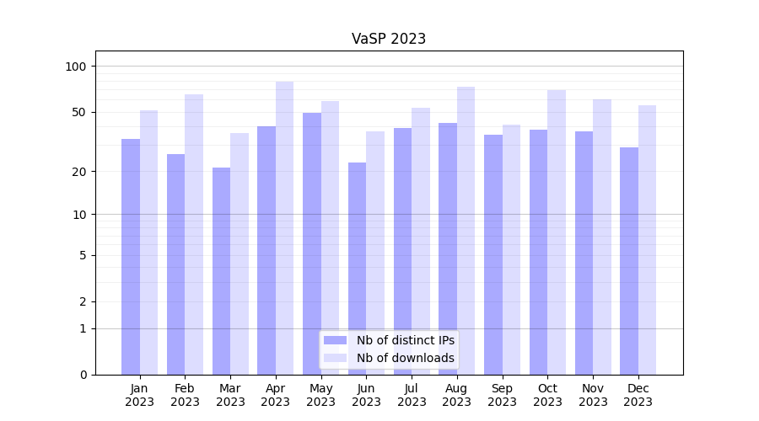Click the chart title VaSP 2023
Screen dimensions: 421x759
point(389,39)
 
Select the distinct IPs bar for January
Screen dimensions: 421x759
point(131,257)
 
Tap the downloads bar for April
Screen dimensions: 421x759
point(285,227)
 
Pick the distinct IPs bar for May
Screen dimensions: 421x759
point(312,243)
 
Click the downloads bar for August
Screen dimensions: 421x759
point(466,230)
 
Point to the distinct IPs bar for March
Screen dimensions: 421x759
point(221,271)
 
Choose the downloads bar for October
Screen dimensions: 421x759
point(557,232)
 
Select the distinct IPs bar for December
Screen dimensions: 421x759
point(629,261)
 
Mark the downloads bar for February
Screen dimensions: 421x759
point(194,234)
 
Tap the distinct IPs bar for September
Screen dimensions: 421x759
point(493,254)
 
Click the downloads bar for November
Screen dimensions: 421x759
point(602,237)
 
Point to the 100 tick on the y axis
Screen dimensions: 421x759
point(76,67)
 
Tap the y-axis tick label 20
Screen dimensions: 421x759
point(79,172)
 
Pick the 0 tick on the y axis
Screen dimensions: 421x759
point(83,375)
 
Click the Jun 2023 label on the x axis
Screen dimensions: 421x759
point(366,395)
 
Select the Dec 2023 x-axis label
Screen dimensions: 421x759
point(638,395)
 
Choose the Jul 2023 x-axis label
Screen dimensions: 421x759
point(412,395)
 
